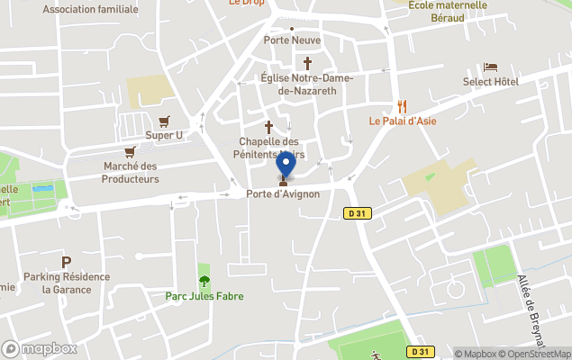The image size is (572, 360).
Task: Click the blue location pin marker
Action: coord(286,165)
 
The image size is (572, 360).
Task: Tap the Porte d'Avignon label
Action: coord(283,193)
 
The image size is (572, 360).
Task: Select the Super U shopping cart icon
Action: coord(164,121)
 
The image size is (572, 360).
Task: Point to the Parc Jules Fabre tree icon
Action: coord(204,281)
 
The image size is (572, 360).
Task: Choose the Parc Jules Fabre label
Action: coord(204,296)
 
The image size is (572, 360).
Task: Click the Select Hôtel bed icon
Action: coord(490,67)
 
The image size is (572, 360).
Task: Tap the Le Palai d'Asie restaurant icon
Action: coord(402,106)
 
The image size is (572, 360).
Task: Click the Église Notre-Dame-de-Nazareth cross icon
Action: coord(307,64)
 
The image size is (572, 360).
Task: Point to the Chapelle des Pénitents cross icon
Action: coord(268,127)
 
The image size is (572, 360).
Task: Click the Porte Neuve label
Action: coord(292,40)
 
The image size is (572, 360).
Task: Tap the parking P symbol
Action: coord(66,262)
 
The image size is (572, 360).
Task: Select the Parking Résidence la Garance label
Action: coord(67,283)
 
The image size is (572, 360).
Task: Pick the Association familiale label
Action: coord(90,9)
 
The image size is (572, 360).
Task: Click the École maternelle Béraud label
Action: coord(448,11)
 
